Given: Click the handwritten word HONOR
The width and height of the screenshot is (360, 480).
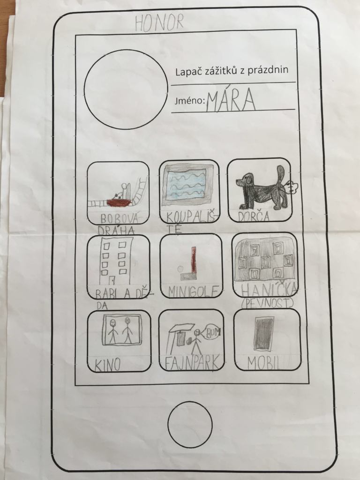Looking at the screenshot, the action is click(159, 22).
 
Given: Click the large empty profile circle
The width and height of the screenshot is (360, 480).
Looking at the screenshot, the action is click(126, 90).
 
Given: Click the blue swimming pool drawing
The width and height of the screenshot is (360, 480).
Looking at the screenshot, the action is click(187, 185).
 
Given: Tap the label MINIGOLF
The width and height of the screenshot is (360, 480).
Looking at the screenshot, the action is click(194, 292).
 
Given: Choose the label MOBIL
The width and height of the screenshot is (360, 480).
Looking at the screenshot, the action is click(264, 363).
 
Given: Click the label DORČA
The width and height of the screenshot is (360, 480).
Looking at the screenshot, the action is click(254, 217).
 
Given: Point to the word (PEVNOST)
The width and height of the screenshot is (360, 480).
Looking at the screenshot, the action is click(267, 303).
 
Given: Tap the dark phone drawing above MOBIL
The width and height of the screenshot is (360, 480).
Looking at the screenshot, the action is click(263, 334).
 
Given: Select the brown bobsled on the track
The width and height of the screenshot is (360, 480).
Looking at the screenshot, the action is click(120, 202).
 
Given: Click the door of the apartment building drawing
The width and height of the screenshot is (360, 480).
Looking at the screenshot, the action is click(112, 280).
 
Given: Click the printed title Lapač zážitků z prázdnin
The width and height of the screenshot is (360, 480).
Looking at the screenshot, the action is click(232, 71).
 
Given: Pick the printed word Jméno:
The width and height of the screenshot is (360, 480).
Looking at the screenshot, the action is click(189, 100).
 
